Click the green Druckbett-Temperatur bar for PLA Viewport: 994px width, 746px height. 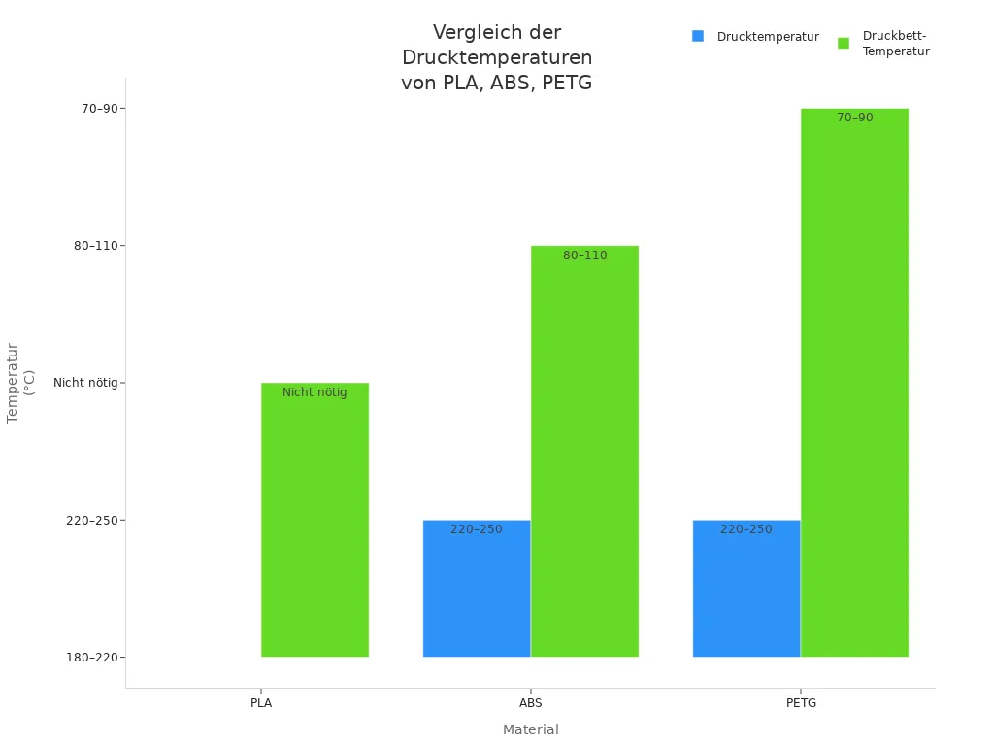pyautogui.click(x=315, y=520)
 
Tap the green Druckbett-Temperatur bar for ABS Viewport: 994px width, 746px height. pyautogui.click(x=584, y=451)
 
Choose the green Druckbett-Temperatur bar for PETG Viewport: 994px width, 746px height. pyautogui.click(x=854, y=383)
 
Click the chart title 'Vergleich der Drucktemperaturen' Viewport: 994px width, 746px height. pyautogui.click(x=496, y=57)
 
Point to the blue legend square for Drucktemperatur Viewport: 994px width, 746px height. pyautogui.click(x=698, y=36)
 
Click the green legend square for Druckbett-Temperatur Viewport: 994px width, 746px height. pyautogui.click(x=844, y=43)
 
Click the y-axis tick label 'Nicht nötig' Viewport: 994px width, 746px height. pyautogui.click(x=84, y=383)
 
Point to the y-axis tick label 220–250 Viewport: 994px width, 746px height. pyautogui.click(x=91, y=521)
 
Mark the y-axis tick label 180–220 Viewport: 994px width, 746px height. pyautogui.click(x=91, y=658)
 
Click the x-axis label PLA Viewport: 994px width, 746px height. pyautogui.click(x=261, y=702)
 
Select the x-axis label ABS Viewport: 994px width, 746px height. pyautogui.click(x=531, y=702)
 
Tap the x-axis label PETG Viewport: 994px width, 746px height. pyautogui.click(x=801, y=702)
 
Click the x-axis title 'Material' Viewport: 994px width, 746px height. pyautogui.click(x=530, y=729)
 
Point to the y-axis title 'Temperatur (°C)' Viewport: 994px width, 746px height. pyautogui.click(x=20, y=383)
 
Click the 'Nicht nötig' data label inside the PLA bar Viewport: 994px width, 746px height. pyautogui.click(x=315, y=392)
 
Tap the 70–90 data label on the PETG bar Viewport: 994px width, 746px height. pyautogui.click(x=854, y=118)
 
